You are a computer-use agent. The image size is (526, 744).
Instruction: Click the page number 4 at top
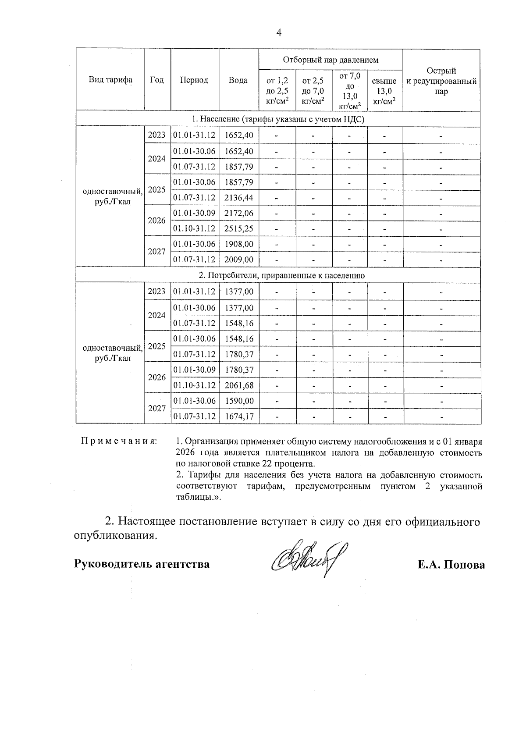point(279,33)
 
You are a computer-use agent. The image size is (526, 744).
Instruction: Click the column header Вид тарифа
point(110,80)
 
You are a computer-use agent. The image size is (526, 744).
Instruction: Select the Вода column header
point(238,80)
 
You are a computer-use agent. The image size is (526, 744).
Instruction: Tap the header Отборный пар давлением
point(331,60)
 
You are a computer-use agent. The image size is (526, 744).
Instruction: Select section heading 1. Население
point(278,119)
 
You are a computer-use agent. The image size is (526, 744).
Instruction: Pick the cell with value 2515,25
point(239,228)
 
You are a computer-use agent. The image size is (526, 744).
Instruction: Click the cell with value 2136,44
point(239,198)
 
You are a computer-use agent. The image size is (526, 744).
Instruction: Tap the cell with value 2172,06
point(239,213)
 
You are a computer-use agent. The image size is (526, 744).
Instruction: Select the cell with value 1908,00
point(239,244)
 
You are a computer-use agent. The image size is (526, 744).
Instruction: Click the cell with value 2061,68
point(239,385)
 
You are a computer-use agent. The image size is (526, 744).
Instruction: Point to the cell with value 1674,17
point(239,416)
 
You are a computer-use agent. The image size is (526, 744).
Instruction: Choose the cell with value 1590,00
point(239,401)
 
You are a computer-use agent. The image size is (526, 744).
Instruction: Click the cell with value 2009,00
point(239,260)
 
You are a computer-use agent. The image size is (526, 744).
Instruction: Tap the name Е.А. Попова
point(451,565)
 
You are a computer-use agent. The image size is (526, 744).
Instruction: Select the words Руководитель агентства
point(142,564)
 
